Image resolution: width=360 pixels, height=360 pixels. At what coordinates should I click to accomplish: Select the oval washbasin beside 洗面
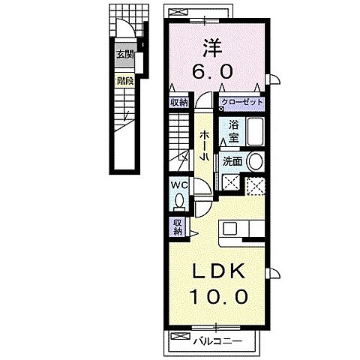(x=255, y=160)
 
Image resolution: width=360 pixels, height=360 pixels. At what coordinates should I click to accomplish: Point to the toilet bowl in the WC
(x=178, y=200)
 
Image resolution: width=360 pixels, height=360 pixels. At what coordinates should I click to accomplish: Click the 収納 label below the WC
(x=178, y=226)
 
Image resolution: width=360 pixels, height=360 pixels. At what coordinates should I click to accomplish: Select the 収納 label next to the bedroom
(x=179, y=103)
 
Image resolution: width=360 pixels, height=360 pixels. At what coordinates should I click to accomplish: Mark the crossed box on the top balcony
(x=181, y=11)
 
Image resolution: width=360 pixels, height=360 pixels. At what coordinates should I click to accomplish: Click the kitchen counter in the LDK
(x=240, y=229)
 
